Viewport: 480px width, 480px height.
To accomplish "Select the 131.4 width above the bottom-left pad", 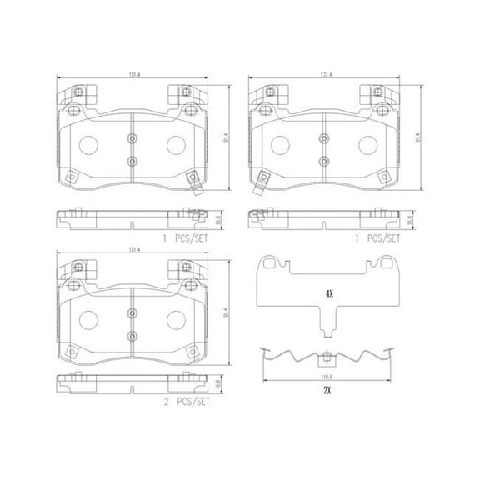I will pos(132,248).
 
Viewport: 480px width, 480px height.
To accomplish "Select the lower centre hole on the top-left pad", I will pos(132,160).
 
